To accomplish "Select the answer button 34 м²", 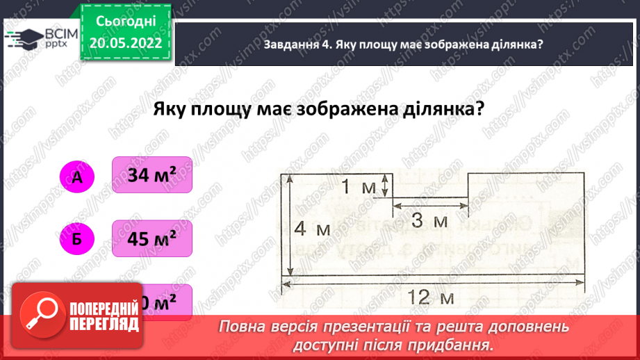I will tap(151, 176).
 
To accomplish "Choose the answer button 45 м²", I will tap(151, 240).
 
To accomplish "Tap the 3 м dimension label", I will tap(429, 221).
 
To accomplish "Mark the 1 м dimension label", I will tap(359, 187).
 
